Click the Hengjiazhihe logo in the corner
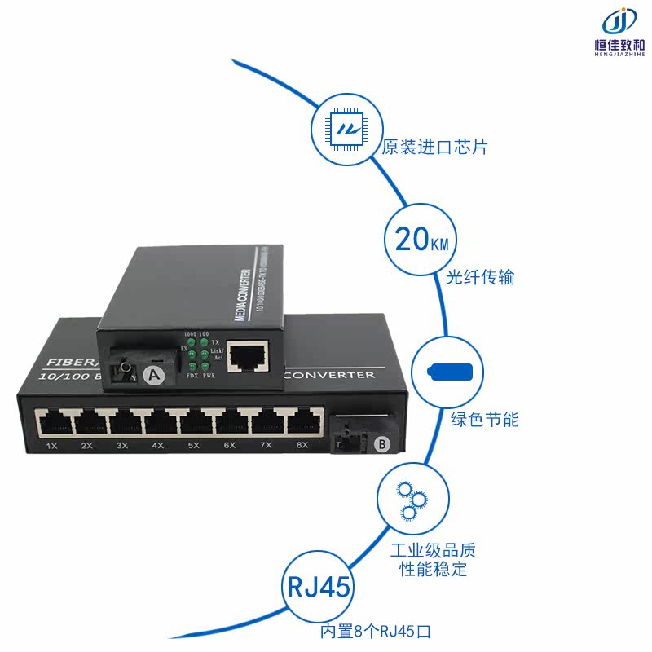pyautogui.click(x=621, y=31)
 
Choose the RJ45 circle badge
pyautogui.click(x=319, y=587)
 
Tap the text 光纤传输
pyautogui.click(x=481, y=277)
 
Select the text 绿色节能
pyautogui.click(x=485, y=421)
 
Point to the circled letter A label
pyautogui.click(x=151, y=375)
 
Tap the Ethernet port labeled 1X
pyautogui.click(x=52, y=422)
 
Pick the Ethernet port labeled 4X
pyautogui.click(x=158, y=422)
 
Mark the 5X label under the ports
pyautogui.click(x=194, y=446)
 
